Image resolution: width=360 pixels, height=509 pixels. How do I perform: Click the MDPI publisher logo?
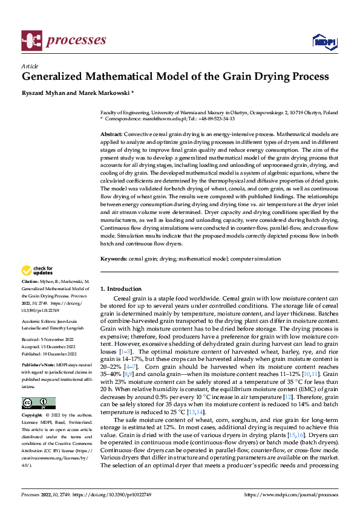[x=323, y=41]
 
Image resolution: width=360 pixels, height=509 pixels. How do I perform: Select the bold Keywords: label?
[x=113, y=258]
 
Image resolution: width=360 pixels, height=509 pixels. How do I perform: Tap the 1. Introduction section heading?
[x=121, y=289]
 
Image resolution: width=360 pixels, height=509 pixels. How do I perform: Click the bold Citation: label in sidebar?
[x=31, y=282]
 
